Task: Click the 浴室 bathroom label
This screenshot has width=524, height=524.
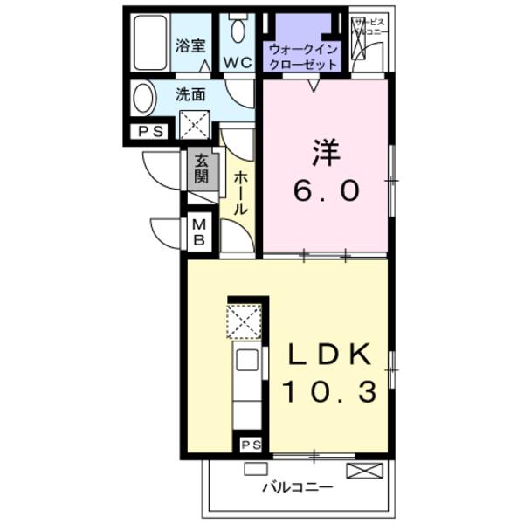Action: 190,45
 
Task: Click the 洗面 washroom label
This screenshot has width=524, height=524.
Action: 190,94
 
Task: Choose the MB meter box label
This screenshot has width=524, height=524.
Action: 200,232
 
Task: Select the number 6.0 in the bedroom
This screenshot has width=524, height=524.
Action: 326,190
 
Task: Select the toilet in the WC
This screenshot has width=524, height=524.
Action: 238,29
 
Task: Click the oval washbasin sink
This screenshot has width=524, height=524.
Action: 143,98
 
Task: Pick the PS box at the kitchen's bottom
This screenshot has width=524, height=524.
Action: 252,445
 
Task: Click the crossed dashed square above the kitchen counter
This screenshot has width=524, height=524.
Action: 245,321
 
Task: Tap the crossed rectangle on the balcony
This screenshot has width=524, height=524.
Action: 364,471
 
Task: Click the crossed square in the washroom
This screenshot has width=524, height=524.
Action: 194,125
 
